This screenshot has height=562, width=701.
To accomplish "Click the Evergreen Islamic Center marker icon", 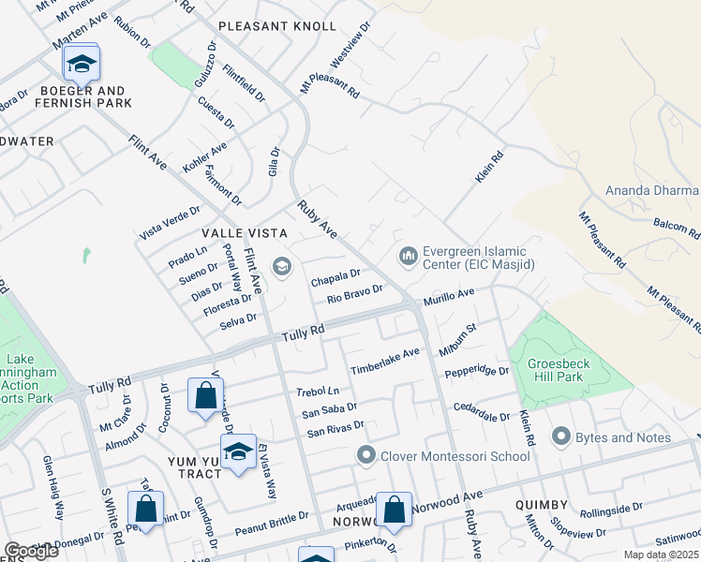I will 408,255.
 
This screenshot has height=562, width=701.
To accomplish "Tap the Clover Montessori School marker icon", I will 366,456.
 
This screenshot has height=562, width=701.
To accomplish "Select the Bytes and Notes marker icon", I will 561,436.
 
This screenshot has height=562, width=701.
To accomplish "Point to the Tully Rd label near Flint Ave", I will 305,331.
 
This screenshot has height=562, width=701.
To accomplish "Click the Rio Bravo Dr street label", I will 355,295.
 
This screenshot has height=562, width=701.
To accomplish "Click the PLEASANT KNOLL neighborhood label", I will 276,26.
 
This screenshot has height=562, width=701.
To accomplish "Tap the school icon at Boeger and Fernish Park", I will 82,64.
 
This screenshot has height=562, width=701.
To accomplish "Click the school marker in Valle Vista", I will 281,268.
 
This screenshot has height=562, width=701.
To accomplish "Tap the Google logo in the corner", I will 31,551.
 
